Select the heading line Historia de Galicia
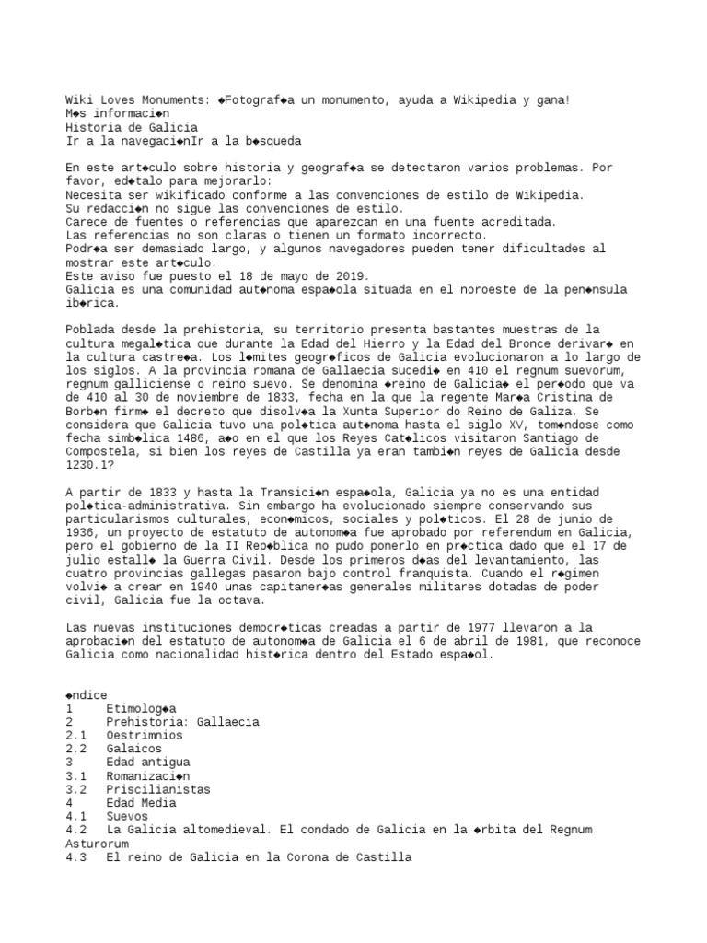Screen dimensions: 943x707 coord(131,127)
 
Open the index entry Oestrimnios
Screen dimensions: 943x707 coord(144,737)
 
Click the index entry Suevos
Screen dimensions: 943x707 coord(127,817)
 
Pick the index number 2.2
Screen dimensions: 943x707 coord(76,750)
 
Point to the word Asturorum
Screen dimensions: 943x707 coord(98,844)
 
